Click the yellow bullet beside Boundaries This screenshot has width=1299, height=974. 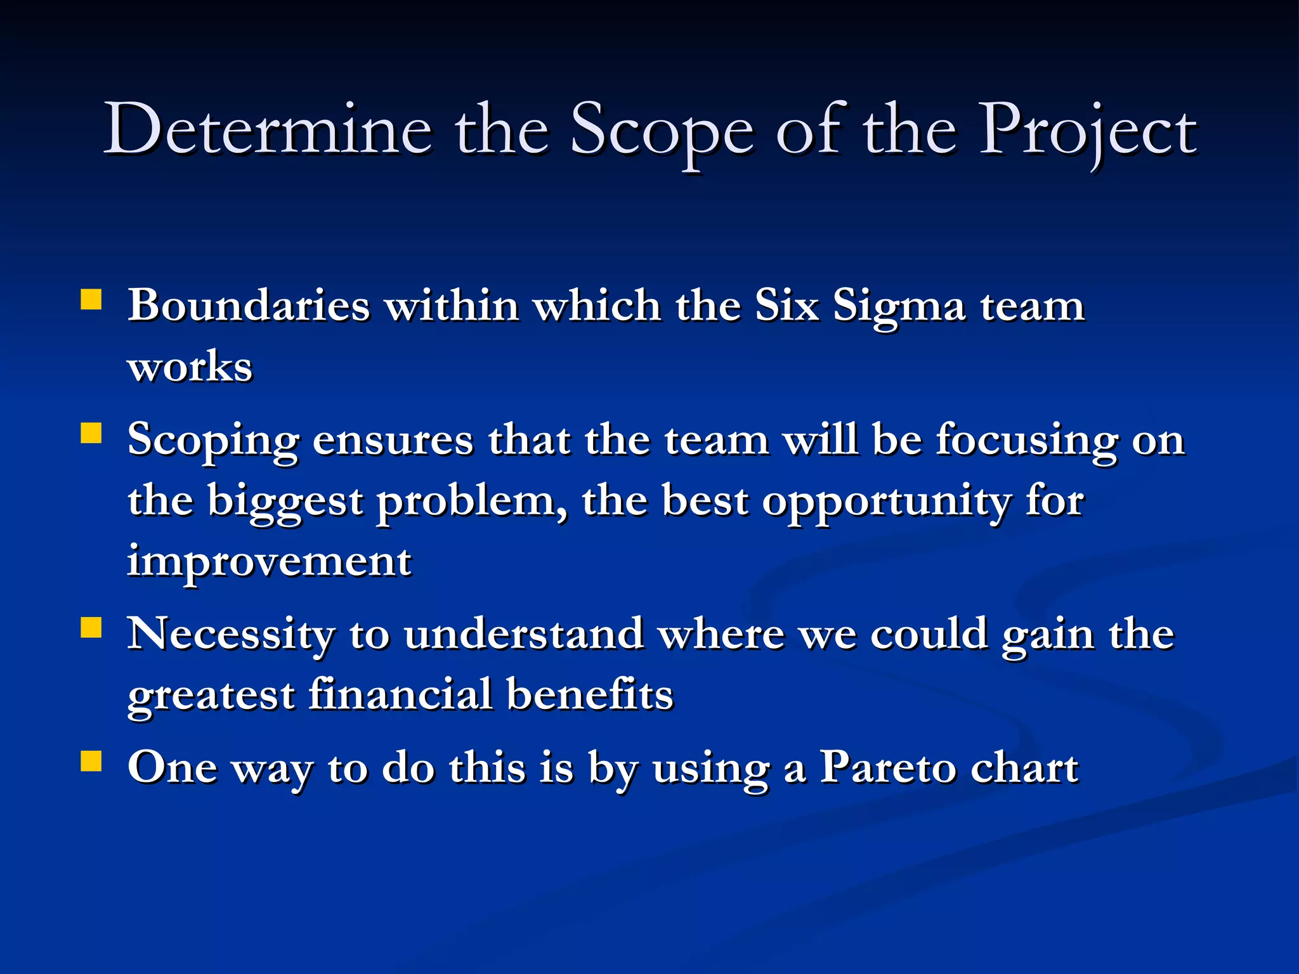[91, 299]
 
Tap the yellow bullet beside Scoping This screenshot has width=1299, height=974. [91, 434]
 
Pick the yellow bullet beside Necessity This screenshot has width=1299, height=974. [91, 628]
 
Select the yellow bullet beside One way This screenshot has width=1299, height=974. [91, 761]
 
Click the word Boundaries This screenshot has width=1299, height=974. [249, 306]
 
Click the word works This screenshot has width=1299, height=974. [190, 367]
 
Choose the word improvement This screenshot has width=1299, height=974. [270, 562]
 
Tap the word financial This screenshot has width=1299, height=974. [401, 694]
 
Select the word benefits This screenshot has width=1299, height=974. [590, 694]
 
